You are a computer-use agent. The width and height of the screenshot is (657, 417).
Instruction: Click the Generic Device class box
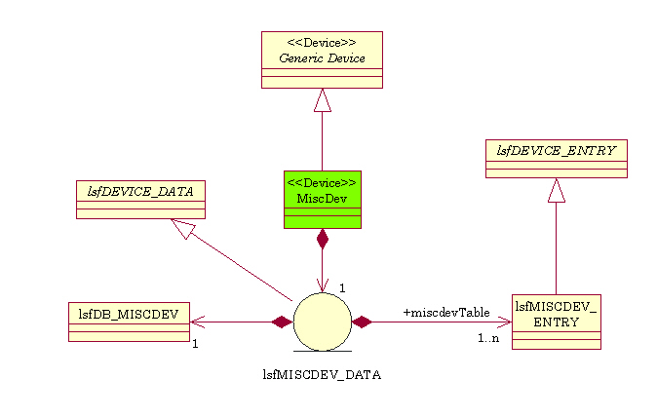coord(322,59)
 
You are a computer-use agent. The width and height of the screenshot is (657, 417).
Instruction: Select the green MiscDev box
coord(322,200)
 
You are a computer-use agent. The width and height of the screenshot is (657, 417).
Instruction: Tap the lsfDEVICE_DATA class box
coord(140,199)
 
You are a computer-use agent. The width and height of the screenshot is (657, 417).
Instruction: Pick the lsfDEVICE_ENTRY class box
coord(556,159)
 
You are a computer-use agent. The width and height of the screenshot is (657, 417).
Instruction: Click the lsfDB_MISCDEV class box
coord(129,322)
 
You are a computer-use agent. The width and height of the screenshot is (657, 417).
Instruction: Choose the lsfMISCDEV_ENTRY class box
coord(556,322)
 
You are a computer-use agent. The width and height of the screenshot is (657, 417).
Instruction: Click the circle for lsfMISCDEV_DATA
coord(322,322)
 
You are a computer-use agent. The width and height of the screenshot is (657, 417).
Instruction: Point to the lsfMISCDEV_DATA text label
coord(322,373)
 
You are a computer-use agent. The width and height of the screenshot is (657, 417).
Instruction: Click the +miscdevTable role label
coord(445,312)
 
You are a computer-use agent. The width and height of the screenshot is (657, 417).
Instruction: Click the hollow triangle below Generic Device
coord(322,100)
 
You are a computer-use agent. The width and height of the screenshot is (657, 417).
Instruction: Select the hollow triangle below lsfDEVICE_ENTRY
coord(556,191)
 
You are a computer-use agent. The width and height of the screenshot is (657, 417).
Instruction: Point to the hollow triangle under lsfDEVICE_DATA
coord(182,229)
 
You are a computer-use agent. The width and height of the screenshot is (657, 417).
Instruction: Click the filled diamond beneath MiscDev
coord(322,240)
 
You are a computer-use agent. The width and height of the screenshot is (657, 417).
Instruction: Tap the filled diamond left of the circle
coord(282,322)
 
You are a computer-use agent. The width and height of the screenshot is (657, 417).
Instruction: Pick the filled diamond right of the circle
coord(363,322)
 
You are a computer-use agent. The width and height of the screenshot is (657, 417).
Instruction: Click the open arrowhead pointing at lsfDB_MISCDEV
coord(197,322)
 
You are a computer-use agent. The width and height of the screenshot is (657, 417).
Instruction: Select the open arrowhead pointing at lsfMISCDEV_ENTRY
coord(504,322)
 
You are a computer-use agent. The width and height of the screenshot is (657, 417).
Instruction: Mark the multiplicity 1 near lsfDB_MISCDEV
coord(195,343)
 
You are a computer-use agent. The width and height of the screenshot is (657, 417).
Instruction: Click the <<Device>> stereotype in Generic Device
coord(322,44)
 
